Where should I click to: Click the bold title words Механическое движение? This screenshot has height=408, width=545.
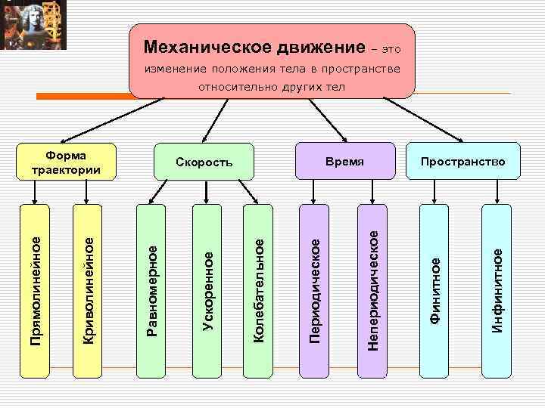click(x=254, y=48)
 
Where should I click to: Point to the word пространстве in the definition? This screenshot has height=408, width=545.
click(x=360, y=70)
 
